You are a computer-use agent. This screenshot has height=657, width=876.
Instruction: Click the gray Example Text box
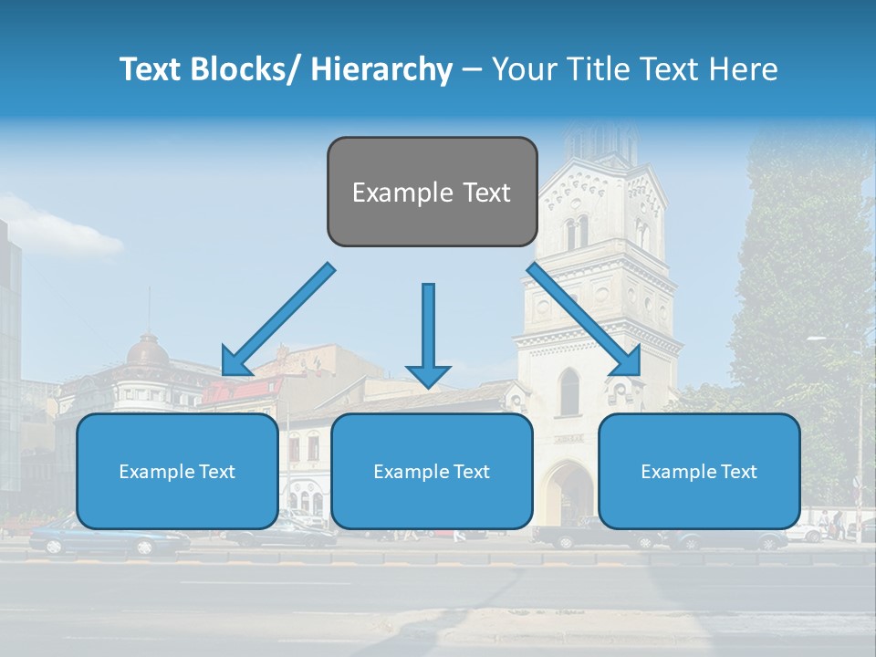click(x=432, y=192)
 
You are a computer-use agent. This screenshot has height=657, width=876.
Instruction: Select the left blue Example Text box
click(x=177, y=471)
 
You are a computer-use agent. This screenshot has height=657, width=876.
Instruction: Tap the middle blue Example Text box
click(x=432, y=471)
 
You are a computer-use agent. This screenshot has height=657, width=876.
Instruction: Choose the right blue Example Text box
click(x=699, y=471)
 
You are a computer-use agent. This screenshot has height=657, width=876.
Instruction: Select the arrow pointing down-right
click(x=584, y=319)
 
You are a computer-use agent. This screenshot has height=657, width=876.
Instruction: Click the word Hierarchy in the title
click(x=381, y=69)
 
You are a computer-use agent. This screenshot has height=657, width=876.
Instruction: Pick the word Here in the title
click(x=741, y=69)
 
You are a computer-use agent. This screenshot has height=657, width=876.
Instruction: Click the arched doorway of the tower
click(x=568, y=493)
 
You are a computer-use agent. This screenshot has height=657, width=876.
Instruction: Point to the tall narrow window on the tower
click(x=569, y=392)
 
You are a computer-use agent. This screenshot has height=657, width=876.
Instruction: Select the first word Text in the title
click(x=153, y=69)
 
